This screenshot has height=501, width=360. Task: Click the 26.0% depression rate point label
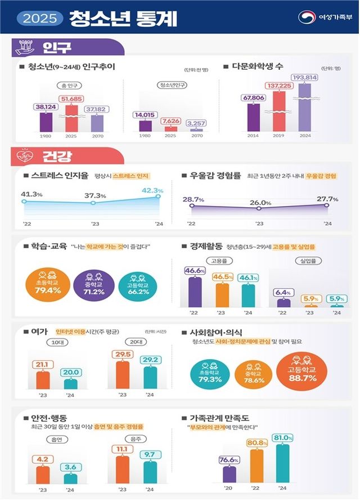(x=259, y=202)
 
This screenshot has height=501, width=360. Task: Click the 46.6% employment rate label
(x=195, y=270)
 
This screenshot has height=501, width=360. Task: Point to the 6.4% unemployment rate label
(x=283, y=293)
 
